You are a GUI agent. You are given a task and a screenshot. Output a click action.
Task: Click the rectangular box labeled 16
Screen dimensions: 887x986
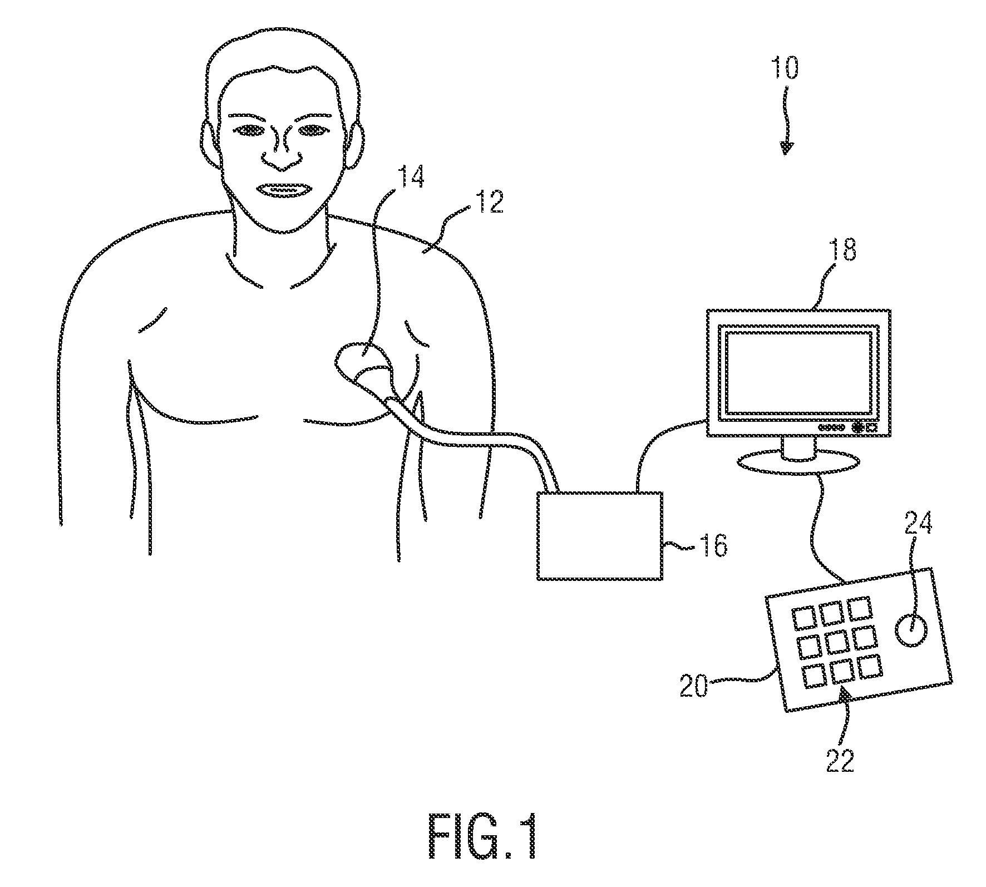point(599,535)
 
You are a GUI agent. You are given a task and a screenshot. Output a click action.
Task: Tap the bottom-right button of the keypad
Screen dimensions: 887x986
point(870,666)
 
